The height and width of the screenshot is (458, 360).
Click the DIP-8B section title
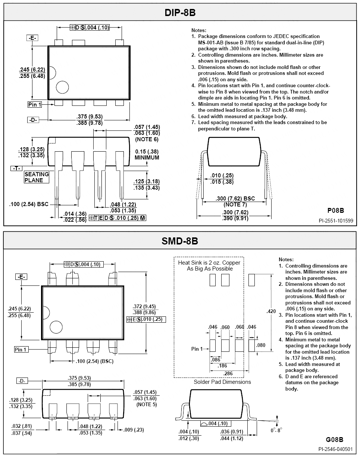point(180,13)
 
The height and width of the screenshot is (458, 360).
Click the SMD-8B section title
point(180,241)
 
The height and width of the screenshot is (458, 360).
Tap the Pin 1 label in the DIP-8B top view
point(35,105)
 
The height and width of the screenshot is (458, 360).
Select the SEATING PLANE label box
point(37,177)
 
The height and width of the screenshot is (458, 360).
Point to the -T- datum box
point(16,168)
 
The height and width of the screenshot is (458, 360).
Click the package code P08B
point(336,210)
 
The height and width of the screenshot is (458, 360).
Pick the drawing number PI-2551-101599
point(336,221)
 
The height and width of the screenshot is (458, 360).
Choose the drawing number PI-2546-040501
point(335,449)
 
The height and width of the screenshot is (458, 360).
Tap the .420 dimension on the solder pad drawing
point(271,311)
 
